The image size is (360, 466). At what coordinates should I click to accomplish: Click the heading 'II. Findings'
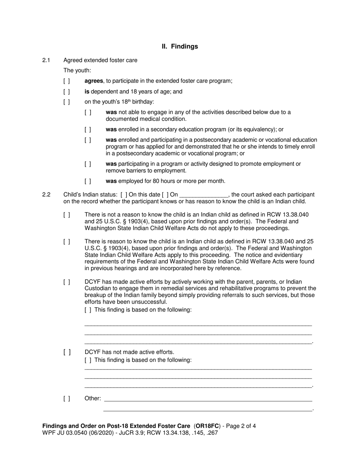pyautogui.click(x=180, y=47)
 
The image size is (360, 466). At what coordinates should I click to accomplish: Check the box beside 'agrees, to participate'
pyautogui.click(x=67, y=81)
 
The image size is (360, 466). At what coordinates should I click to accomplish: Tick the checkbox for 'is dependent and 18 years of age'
pyautogui.click(x=67, y=92)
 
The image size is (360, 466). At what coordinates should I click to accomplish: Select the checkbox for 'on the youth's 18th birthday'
pyautogui.click(x=67, y=102)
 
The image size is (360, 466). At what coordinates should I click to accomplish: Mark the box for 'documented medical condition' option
pyautogui.click(x=88, y=113)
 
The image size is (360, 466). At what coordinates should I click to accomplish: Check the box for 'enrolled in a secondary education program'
pyautogui.click(x=88, y=130)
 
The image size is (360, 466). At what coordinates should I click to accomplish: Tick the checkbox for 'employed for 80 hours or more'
pyautogui.click(x=88, y=181)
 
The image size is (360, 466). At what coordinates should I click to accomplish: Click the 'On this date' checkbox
pyautogui.click(x=124, y=195)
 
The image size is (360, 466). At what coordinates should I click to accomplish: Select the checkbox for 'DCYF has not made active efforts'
pyautogui.click(x=67, y=352)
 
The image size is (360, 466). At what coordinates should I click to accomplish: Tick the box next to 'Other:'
pyautogui.click(x=67, y=399)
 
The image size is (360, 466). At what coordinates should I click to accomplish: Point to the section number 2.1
pyautogui.click(x=46, y=60)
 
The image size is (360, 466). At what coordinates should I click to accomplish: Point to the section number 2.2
pyautogui.click(x=46, y=195)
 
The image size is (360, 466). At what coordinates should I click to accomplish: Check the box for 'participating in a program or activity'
pyautogui.click(x=88, y=164)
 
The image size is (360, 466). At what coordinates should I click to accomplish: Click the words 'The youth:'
pyautogui.click(x=77, y=70)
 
